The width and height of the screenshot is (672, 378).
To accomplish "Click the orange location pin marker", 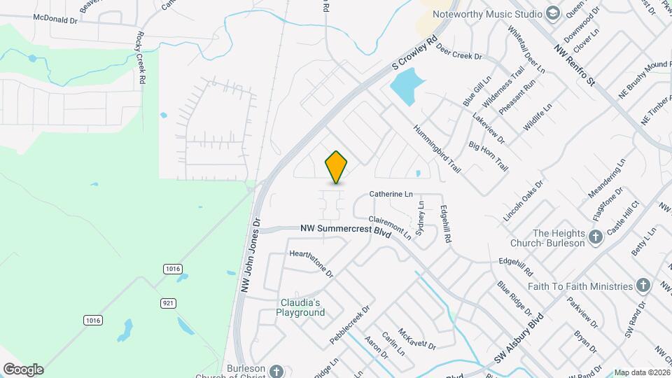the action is click(337, 167).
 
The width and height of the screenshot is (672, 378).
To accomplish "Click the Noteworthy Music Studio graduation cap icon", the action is click(554, 14).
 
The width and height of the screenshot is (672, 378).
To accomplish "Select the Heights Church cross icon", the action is click(596, 237).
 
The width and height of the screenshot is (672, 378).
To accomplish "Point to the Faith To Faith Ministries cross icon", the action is click(643, 286).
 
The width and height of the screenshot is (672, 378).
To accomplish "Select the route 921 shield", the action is click(168, 302).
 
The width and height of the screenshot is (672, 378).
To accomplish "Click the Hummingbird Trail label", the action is click(437, 149).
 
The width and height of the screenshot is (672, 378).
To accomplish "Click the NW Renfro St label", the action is click(573, 67).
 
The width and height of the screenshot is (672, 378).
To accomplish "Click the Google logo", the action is click(23, 369).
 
